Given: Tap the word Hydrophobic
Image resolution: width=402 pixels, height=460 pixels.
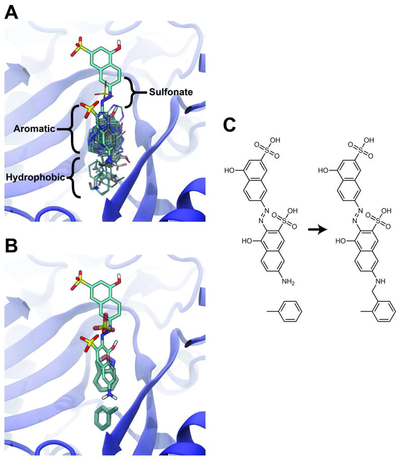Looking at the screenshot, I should click(32, 177).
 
